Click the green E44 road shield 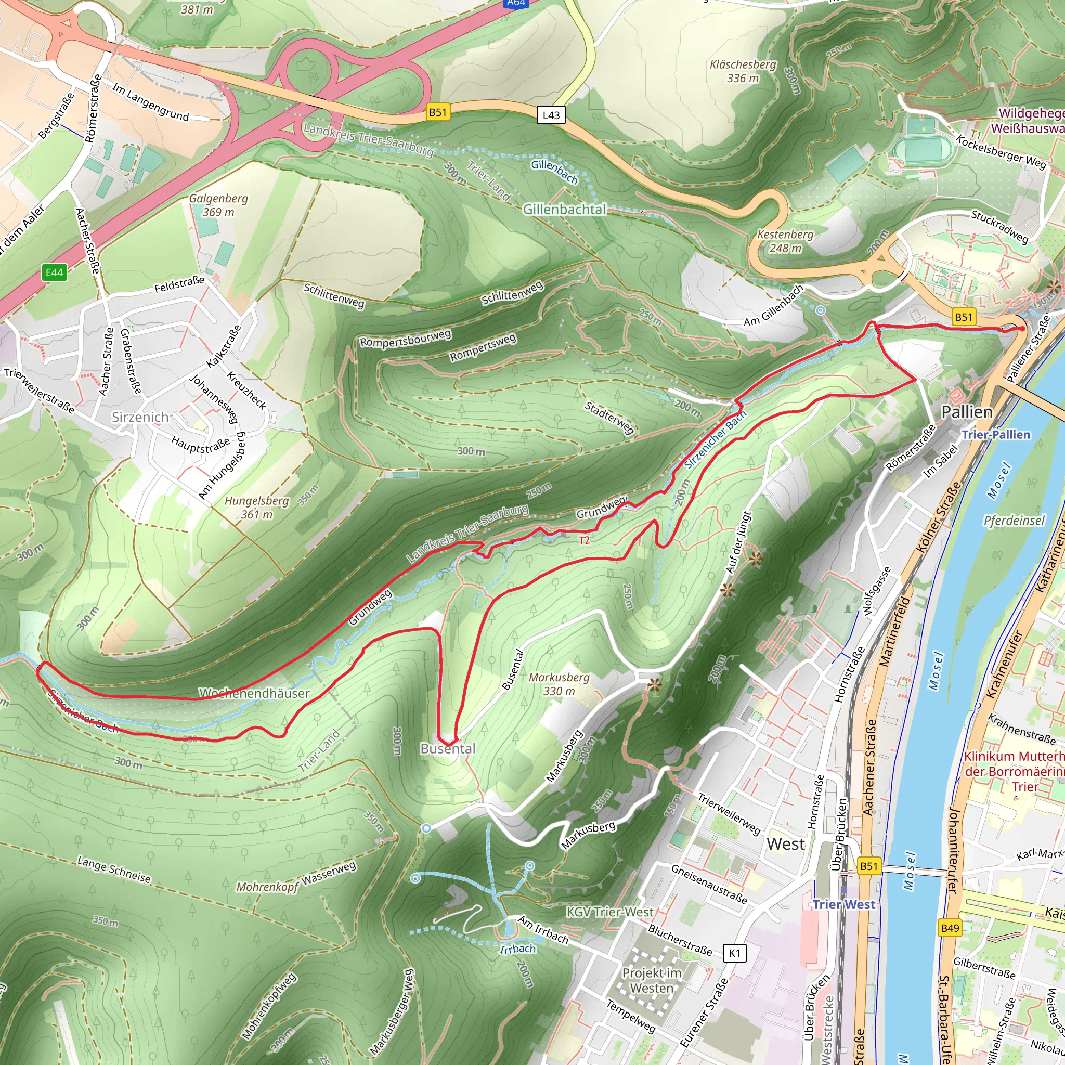pos(55,272)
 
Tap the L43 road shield pos(551,115)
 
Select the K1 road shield pos(734,953)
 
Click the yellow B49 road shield pos(950,928)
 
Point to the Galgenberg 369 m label pos(218,205)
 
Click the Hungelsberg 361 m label pos(256,508)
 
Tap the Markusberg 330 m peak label pos(559,684)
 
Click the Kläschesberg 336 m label pos(743,71)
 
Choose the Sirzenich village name pos(140,417)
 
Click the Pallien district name pos(967,412)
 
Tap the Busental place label pos(448,749)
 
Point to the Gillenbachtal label pos(564,210)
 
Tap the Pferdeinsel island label pos(1014,521)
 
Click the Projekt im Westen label pos(652,981)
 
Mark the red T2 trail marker pos(585,540)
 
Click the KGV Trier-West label pos(609,912)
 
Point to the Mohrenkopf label pos(267,887)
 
